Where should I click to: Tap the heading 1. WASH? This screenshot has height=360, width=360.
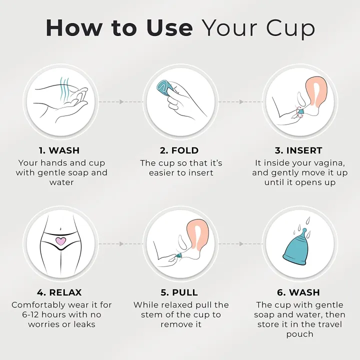click(59, 150)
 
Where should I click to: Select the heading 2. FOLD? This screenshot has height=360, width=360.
click(179, 150)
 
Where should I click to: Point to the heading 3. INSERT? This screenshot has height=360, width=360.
click(299, 150)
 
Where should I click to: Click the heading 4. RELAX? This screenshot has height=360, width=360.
click(59, 292)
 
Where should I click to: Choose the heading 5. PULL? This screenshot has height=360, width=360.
click(179, 292)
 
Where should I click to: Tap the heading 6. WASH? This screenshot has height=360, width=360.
click(299, 292)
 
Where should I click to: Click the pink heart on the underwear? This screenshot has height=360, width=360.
click(60, 241)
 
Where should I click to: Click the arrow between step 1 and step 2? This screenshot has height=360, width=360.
click(120, 101)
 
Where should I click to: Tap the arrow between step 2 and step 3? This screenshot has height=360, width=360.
click(240, 101)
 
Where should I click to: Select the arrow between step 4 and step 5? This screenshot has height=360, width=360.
click(120, 244)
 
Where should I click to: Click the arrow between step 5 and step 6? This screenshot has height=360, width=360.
click(240, 244)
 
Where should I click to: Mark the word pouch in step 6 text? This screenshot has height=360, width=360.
click(299, 334)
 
